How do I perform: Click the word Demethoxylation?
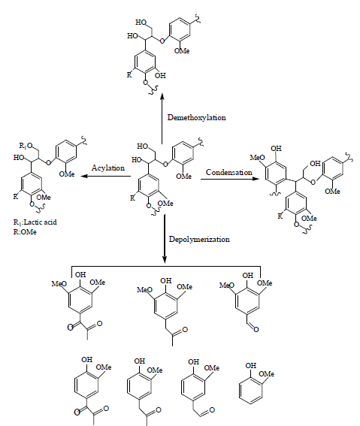click(x=197, y=118)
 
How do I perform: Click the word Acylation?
click(x=108, y=168)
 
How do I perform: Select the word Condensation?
click(x=229, y=172)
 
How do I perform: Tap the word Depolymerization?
click(x=199, y=240)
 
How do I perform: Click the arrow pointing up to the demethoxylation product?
click(x=162, y=119)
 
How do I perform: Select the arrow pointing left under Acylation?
click(x=105, y=177)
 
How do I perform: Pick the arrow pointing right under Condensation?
click(x=230, y=179)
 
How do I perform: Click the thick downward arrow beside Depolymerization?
click(x=165, y=239)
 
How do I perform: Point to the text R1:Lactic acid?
click(x=35, y=222)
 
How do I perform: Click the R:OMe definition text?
click(x=25, y=232)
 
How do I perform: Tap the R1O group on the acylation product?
click(x=26, y=146)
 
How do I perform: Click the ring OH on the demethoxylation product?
click(x=160, y=75)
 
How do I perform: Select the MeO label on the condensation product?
click(x=257, y=158)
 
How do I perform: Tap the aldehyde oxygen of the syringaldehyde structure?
click(x=256, y=329)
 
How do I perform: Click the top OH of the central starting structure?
click(x=143, y=147)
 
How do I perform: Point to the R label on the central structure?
click(x=132, y=198)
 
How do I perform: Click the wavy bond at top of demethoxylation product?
click(x=198, y=19)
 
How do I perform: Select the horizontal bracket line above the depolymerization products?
click(x=166, y=266)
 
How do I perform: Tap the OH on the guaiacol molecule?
click(x=251, y=365)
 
